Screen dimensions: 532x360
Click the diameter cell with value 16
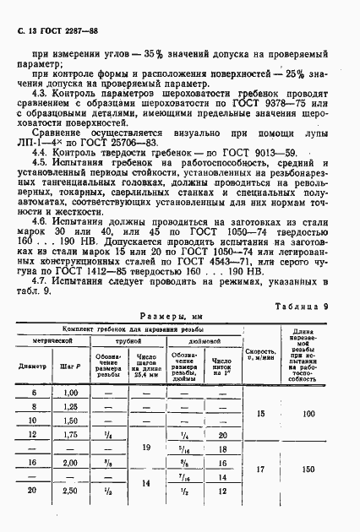coord(33,486)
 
